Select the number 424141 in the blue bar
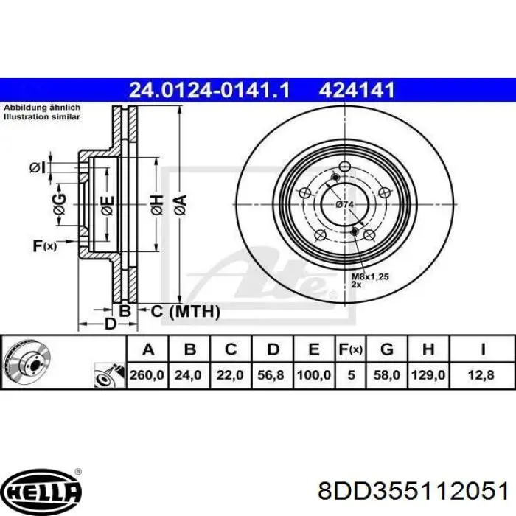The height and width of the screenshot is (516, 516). [x=358, y=90]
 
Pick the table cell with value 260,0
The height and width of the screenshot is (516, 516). [x=147, y=375]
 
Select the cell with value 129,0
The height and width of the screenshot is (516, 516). [x=427, y=375]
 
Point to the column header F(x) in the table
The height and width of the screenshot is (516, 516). [x=351, y=349]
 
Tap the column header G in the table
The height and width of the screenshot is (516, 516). [x=386, y=349]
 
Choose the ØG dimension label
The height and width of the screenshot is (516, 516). [x=60, y=203]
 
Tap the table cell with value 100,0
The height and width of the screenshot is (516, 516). [x=313, y=375]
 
